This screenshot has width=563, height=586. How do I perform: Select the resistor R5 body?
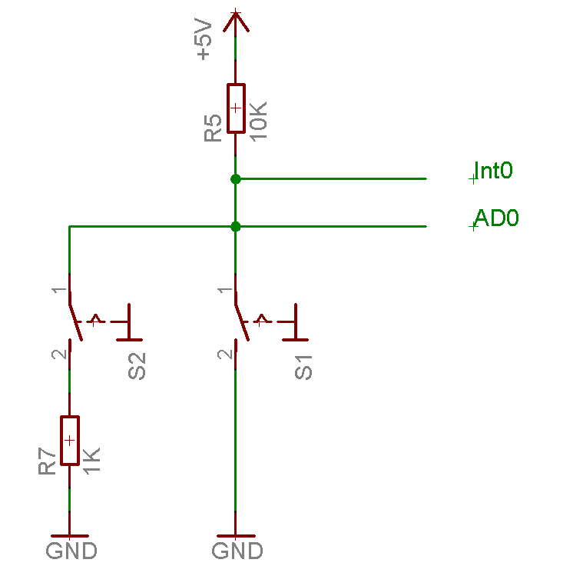point(236,108)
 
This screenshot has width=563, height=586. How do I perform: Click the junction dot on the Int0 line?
point(236,178)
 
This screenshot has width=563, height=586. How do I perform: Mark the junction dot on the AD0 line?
point(236,226)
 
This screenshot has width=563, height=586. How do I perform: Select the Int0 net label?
point(494,171)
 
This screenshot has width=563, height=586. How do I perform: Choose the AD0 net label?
point(496,218)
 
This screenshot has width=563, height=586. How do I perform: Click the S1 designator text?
point(304,367)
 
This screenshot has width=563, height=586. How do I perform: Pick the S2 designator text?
point(137,367)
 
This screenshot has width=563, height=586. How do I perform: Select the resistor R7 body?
point(70,441)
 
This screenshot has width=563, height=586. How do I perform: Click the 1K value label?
point(92,460)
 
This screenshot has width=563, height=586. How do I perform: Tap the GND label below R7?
point(71,551)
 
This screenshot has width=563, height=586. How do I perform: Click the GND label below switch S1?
point(237,551)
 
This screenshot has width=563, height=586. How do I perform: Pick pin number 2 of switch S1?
point(223,355)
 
